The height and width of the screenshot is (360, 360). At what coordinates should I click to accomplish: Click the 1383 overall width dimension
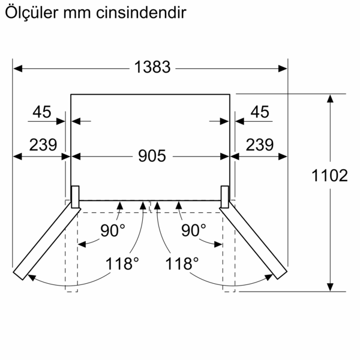[x=152, y=67]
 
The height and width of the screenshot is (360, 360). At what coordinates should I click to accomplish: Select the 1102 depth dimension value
[x=329, y=176]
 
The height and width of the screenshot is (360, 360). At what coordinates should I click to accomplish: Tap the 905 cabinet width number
[x=152, y=156]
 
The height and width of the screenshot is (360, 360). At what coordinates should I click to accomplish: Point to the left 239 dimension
[x=43, y=145]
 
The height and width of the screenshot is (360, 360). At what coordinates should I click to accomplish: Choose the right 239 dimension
[x=260, y=145]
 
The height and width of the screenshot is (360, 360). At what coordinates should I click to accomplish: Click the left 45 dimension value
[x=42, y=112]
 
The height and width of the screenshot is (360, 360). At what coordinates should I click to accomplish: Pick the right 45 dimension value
[x=260, y=112]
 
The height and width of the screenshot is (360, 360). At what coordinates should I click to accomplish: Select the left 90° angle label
[x=113, y=230]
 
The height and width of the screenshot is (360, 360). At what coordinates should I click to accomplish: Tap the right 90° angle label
[x=194, y=230]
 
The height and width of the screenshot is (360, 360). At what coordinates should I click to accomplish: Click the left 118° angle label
[x=122, y=263]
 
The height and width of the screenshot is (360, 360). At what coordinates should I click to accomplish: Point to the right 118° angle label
[x=182, y=263]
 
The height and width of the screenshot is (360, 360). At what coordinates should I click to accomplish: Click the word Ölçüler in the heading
[x=32, y=12]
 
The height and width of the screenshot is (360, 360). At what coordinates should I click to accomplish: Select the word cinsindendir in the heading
[x=141, y=13]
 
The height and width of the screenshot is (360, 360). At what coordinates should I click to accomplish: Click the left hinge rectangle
[x=76, y=197]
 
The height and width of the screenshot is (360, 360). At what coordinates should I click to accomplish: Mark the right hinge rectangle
[x=225, y=197]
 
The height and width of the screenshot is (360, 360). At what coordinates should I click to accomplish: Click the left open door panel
[x=47, y=241]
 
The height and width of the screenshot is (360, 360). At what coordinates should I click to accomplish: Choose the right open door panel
[x=253, y=240]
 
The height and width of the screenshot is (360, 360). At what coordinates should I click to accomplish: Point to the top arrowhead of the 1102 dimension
[x=330, y=98]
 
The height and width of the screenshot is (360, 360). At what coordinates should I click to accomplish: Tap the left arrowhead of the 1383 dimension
[x=17, y=68]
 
